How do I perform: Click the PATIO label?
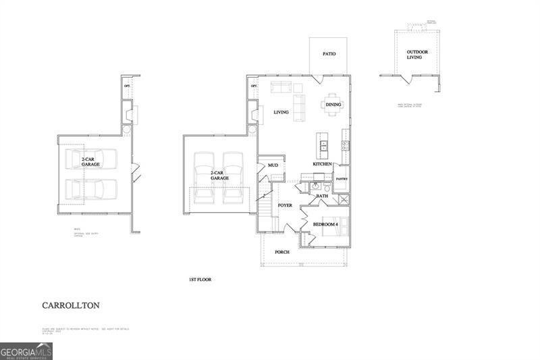pyautogui.click(x=329, y=54)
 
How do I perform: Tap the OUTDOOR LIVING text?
pyautogui.click(x=414, y=55)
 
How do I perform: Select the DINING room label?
pyautogui.click(x=333, y=105)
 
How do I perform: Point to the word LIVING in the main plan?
pyautogui.click(x=281, y=113)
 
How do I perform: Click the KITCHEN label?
pyautogui.click(x=322, y=164)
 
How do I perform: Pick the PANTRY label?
pyautogui.click(x=342, y=179)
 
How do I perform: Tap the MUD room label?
pyautogui.click(x=273, y=165)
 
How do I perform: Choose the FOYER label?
pyautogui.click(x=285, y=205)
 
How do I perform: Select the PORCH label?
pyautogui.click(x=282, y=252)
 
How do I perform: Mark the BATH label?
pyautogui.click(x=322, y=196)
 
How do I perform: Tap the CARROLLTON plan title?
pyautogui.click(x=71, y=305)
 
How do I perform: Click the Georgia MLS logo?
pyautogui.click(x=26, y=351)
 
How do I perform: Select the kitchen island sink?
pyautogui.click(x=323, y=144)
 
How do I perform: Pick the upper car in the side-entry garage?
pyautogui.click(x=90, y=158)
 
